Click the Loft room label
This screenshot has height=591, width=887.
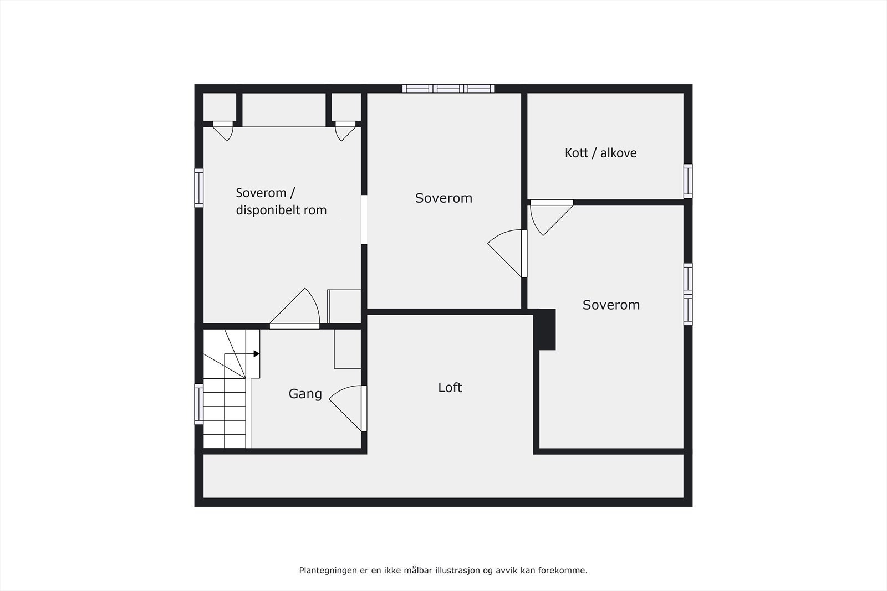[450, 388]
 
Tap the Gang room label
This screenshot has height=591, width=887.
[305, 394]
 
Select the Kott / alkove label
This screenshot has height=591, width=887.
[600, 153]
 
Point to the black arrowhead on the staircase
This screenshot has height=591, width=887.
[257, 353]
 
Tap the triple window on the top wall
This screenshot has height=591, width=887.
[448, 88]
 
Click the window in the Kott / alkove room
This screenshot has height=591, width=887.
[688, 181]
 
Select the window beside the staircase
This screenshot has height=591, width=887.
[198, 404]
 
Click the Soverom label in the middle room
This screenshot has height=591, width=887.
[443, 198]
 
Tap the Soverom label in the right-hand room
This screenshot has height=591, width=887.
[611, 305]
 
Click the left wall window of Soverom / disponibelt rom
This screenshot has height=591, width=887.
[198, 188]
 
